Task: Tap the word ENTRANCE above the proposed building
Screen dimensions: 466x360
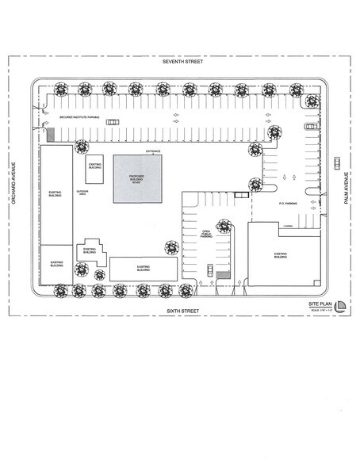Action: coord(154,151)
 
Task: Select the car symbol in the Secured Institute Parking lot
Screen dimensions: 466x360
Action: coord(113,121)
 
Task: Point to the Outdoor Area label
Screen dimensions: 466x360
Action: coord(82,193)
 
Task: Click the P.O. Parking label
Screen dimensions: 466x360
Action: coord(287,203)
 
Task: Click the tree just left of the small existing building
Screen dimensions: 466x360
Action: coord(80,146)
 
